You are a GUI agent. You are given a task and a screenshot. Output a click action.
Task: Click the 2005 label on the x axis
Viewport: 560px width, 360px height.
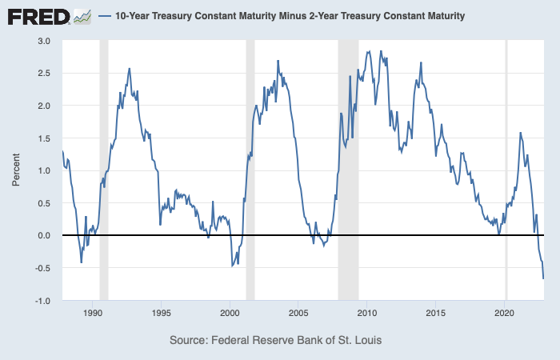[298, 314]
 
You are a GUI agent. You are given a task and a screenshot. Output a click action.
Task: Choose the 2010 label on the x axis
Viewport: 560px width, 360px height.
[367, 314]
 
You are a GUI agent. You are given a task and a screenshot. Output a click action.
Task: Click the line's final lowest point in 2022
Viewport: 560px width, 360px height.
[543, 278]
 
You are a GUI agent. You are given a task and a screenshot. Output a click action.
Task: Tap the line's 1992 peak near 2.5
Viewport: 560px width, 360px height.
[130, 69]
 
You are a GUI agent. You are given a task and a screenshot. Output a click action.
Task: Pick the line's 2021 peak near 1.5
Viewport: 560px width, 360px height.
[521, 133]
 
